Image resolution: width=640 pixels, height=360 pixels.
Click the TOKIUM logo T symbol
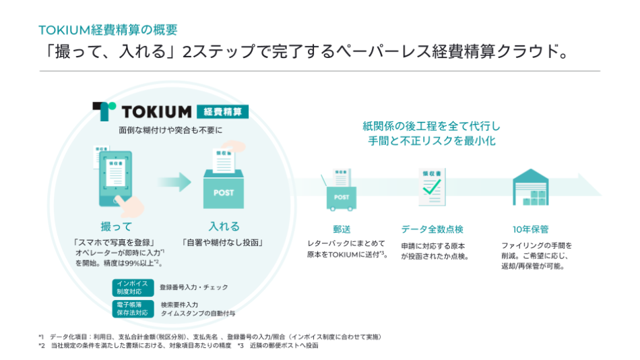point(104,111)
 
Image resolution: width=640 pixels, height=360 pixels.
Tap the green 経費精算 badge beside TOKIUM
point(222,111)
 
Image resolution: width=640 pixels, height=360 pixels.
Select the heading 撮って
point(117,227)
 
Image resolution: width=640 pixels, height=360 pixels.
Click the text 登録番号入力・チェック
point(193,287)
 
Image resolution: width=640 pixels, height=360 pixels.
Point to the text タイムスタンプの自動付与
point(197,313)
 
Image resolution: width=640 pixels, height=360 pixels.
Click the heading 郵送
point(342,229)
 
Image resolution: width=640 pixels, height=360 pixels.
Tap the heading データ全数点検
point(432,229)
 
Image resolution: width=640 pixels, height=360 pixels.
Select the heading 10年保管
point(530,229)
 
